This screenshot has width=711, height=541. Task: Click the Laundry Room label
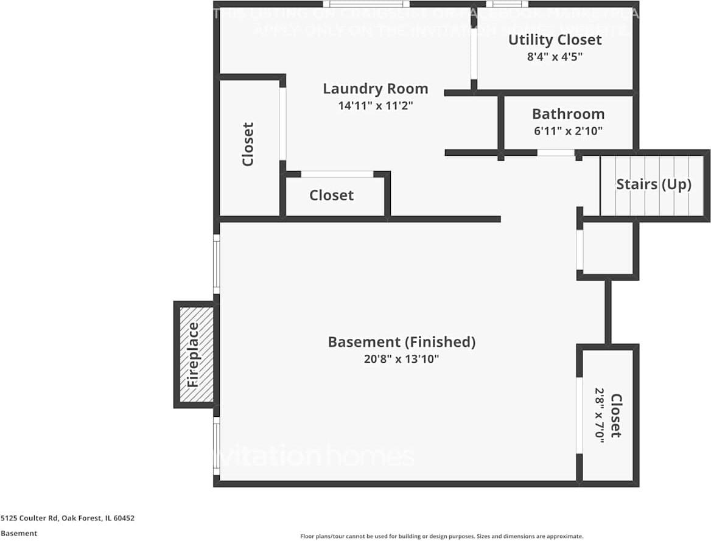375,89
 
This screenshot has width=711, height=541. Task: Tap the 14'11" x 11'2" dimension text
375,105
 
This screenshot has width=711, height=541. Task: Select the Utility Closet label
555,40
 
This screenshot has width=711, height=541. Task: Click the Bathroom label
568,114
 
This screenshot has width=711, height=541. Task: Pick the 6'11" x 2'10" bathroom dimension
568,130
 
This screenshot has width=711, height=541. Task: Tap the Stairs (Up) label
654,184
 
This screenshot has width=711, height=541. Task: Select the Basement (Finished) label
401,342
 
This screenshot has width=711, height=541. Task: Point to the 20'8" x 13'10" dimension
401,359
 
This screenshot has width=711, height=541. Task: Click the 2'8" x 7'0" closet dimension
599,416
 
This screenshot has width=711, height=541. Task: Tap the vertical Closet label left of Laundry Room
248,145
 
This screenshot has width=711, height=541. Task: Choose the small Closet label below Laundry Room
331,195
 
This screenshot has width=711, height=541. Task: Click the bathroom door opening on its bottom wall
556,153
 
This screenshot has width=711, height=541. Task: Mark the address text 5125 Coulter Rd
67,518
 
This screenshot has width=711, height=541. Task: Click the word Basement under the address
19,533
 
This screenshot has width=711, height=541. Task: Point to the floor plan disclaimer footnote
441,536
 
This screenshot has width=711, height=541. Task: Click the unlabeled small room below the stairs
608,248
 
